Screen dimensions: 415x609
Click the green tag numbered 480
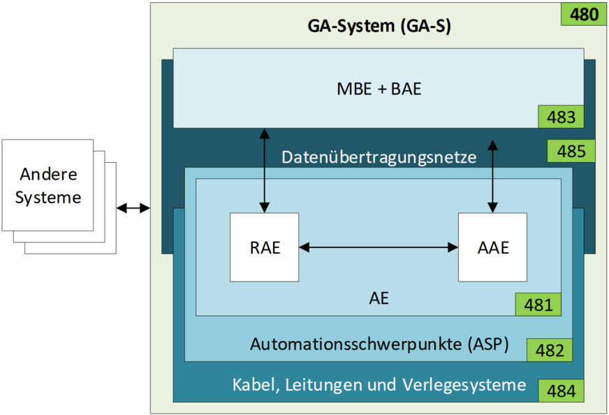(x=585, y=14)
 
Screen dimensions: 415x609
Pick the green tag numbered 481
(x=538, y=305)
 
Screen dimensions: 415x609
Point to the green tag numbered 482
(x=550, y=350)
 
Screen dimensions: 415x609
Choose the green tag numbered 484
(x=561, y=391)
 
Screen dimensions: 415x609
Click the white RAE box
(x=265, y=247)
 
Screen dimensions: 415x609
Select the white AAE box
(x=492, y=247)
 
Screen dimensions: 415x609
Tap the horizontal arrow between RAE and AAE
(x=379, y=247)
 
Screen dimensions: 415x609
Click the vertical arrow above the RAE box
(x=265, y=170)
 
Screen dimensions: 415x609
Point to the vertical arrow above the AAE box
(x=492, y=175)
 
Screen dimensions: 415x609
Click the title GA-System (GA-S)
(x=379, y=27)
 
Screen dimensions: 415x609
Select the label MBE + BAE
(x=379, y=89)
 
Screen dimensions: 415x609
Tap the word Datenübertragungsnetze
(x=379, y=157)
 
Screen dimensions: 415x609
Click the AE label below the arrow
(x=379, y=299)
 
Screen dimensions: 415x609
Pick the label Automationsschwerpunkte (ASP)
(x=379, y=344)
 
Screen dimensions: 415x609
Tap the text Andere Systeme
(x=47, y=185)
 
